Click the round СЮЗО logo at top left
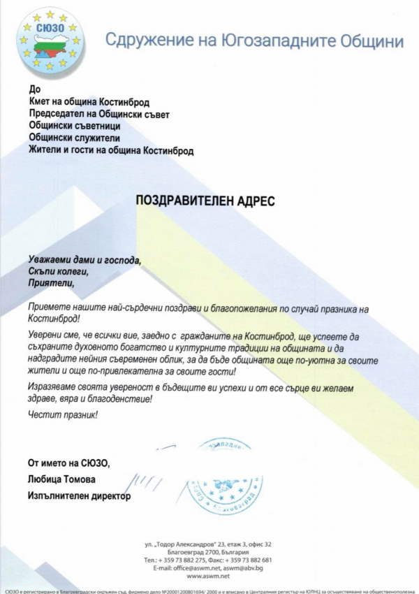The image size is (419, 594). pos(51,42)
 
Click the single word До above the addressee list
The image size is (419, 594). pos(34,89)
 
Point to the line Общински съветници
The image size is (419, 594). pos(74,126)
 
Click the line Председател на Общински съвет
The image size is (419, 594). pos(99,113)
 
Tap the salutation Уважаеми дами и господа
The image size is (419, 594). pos(84,260)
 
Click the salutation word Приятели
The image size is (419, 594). pos(51,284)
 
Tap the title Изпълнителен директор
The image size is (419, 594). pos(79,495)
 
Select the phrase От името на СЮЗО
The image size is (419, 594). pos(68,463)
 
